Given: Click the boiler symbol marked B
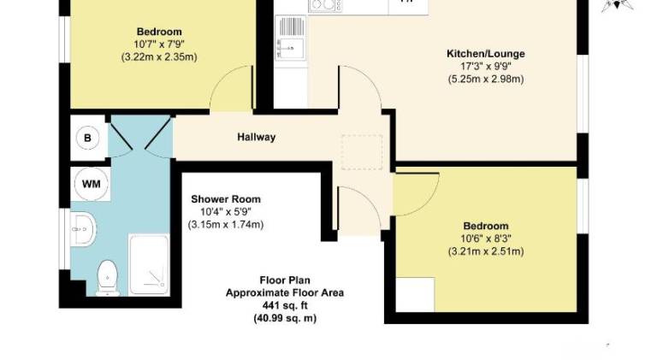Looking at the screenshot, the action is (x=87, y=138).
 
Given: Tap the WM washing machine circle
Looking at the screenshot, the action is (x=92, y=184).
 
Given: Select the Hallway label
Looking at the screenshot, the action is (x=257, y=137).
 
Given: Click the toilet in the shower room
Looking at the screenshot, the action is (x=108, y=278).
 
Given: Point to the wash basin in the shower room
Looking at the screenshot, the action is (x=83, y=229).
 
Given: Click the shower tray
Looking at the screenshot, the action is (x=149, y=264).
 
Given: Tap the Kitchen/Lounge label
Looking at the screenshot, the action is (x=486, y=54).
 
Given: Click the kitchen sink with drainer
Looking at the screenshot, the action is (x=291, y=38).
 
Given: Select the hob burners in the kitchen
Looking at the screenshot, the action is (x=326, y=5).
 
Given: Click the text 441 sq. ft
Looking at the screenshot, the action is (x=285, y=305).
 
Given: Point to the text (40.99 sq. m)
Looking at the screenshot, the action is (x=285, y=319).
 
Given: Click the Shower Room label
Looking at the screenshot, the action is (x=226, y=199).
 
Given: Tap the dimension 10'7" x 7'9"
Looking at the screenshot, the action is (x=159, y=44).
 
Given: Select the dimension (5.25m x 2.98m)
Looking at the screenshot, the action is (x=486, y=79).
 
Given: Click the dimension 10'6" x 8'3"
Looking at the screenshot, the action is (x=486, y=239).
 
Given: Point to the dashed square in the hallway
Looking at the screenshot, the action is (x=362, y=152).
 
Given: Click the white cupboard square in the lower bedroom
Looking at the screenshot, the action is (x=415, y=294).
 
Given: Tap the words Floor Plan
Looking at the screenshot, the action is (x=285, y=280).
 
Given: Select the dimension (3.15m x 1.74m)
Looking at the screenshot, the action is (x=226, y=225).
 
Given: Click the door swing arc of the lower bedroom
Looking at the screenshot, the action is (x=426, y=203).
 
